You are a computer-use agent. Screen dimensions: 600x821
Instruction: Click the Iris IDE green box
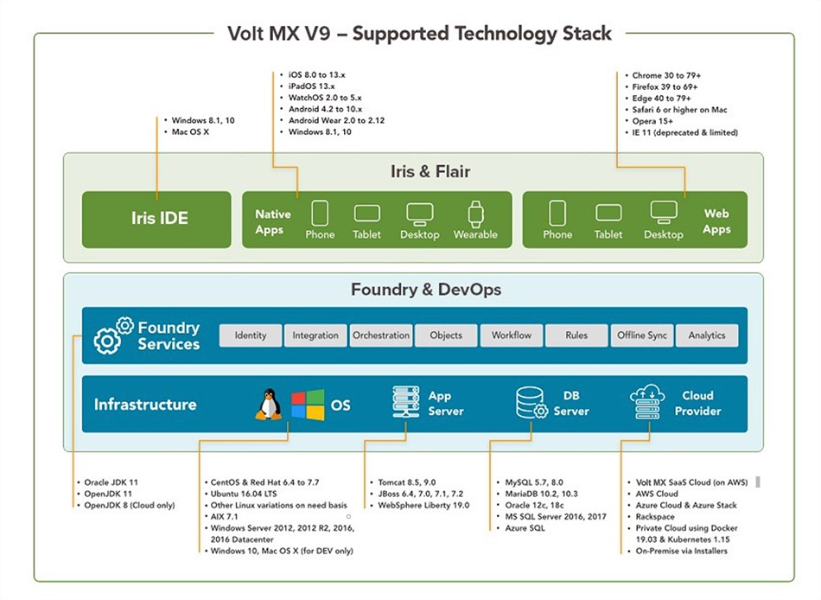coord(156,220)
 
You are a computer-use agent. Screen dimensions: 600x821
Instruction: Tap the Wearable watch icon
coord(475,214)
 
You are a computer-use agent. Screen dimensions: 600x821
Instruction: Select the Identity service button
coord(251,335)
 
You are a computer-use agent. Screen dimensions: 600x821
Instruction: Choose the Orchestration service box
coord(381,335)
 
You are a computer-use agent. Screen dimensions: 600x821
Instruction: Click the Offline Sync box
coord(642,335)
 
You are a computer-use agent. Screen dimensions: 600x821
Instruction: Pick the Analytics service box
coord(707,335)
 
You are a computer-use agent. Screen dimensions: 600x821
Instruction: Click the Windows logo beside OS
coord(307,405)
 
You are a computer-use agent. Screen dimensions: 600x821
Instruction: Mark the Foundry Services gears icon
coord(113,335)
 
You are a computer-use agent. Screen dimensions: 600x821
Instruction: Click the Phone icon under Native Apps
coord(320,214)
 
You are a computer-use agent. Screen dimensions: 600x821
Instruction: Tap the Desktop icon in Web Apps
coord(664,212)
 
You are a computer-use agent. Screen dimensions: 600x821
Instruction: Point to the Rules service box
coord(576,335)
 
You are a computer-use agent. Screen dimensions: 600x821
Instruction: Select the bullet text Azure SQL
coord(526,527)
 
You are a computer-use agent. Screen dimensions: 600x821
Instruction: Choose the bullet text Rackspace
coord(655,516)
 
